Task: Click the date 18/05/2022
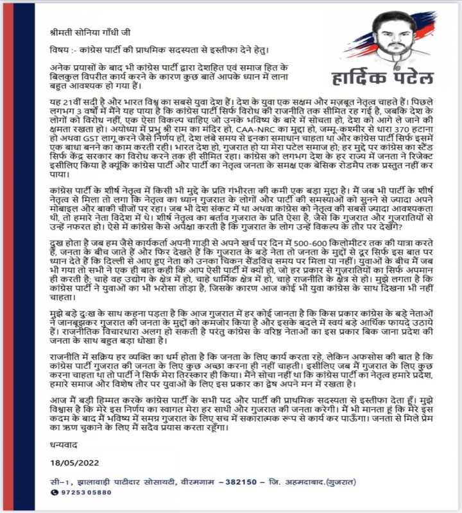79,463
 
